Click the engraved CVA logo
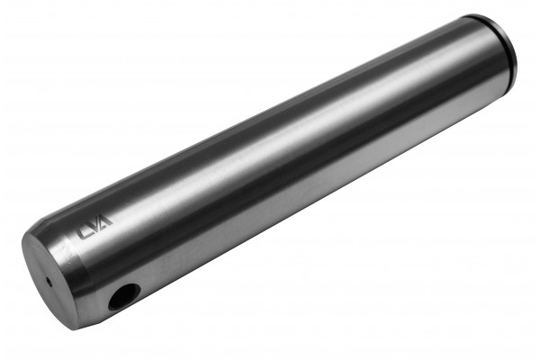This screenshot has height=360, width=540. pos(94,227)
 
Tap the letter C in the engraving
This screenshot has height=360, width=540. pos(82,232)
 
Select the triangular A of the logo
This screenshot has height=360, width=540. pos(105,221)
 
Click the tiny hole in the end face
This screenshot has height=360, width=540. pos(49,283)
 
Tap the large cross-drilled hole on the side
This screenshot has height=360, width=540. pos(124,297)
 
